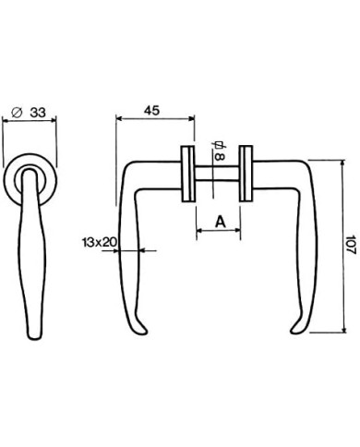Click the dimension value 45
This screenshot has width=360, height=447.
tap(152, 110)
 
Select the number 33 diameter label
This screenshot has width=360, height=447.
tap(38, 113)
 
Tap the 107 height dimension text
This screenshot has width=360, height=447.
tap(351, 245)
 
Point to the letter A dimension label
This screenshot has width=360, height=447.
tap(221, 221)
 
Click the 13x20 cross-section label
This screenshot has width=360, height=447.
tap(99, 242)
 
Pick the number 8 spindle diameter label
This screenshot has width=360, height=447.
tap(220, 157)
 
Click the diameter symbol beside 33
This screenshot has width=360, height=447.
tap(17, 113)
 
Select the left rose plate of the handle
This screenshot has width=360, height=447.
tap(188, 174)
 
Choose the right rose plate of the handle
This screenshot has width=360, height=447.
tap(246, 174)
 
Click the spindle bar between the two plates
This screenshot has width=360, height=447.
tap(217, 173)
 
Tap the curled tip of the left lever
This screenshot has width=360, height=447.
tap(142, 331)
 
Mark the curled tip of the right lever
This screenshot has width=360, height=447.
tap(295, 331)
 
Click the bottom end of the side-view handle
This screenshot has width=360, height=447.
tap(34, 338)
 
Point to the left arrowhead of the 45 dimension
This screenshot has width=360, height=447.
tap(118, 119)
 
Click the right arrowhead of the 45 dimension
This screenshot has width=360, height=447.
tap(192, 119)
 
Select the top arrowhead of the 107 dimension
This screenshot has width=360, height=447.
tap(343, 163)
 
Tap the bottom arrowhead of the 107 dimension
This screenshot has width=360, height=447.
tap(343, 329)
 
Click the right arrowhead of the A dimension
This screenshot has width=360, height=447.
tap(237, 230)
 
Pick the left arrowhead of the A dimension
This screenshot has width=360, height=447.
tap(199, 230)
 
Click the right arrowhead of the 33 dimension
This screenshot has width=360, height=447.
tap(54, 121)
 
